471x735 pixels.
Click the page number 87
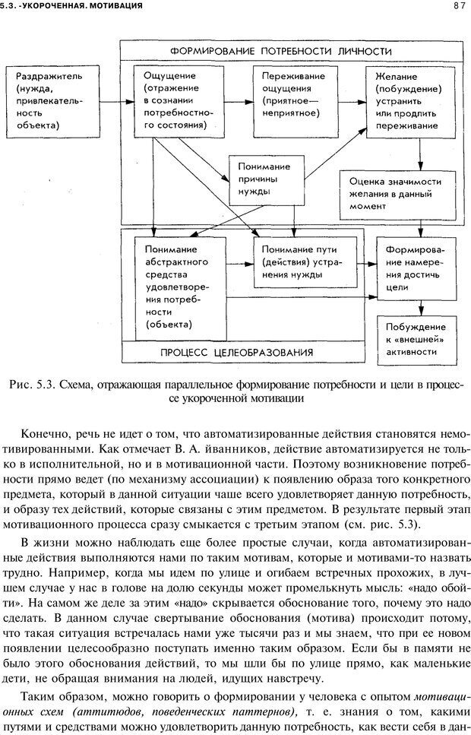coord(457,6)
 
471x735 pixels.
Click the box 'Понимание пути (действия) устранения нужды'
coord(298,261)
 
